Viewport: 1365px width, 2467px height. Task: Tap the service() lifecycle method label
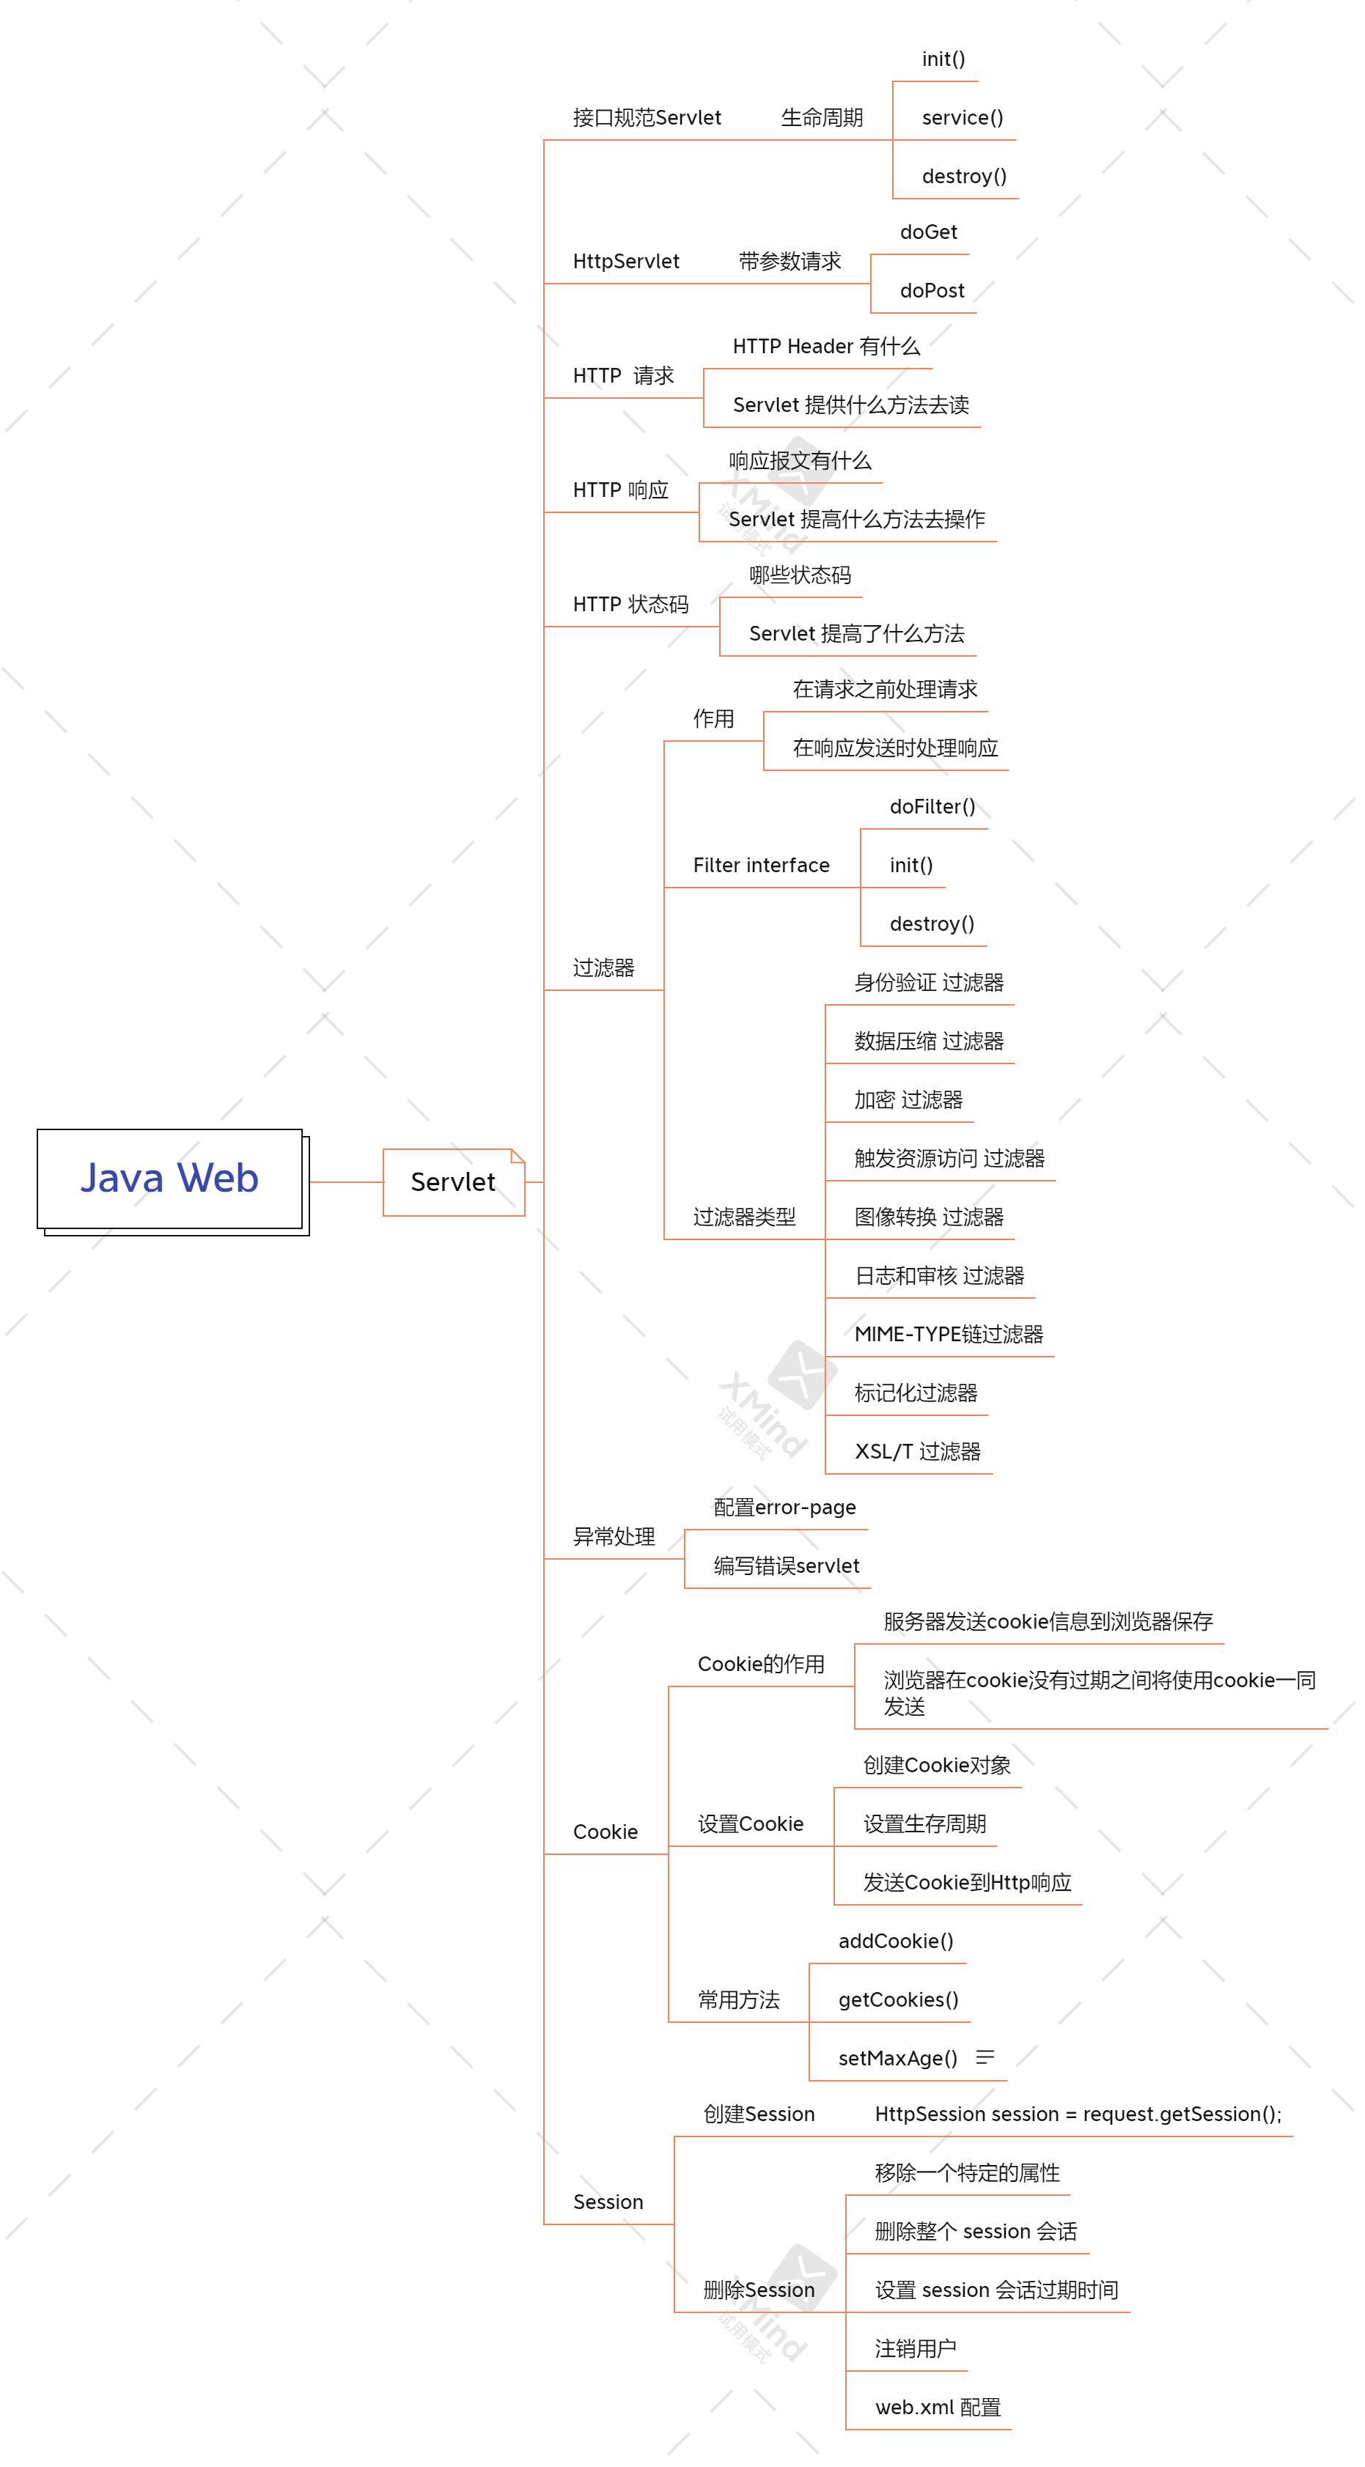pos(962,118)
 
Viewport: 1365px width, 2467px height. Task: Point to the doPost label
pos(931,291)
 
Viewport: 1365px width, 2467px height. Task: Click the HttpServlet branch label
pos(625,262)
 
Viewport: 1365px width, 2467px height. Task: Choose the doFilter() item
pos(931,808)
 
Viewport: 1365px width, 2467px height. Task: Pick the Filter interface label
pos(760,866)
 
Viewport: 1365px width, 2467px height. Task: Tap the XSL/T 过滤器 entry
pos(916,1452)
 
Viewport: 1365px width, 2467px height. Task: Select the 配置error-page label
pos(784,1508)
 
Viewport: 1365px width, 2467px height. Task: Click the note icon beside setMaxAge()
pos(985,2057)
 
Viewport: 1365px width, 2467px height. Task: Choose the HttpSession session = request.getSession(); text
pos(1078,2114)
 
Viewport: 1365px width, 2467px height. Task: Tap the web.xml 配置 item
pos(937,2408)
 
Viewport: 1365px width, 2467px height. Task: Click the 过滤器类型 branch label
pos(744,1217)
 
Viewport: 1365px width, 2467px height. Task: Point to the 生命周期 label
pos(821,118)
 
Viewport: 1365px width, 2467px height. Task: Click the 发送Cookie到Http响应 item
pos(966,1883)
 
